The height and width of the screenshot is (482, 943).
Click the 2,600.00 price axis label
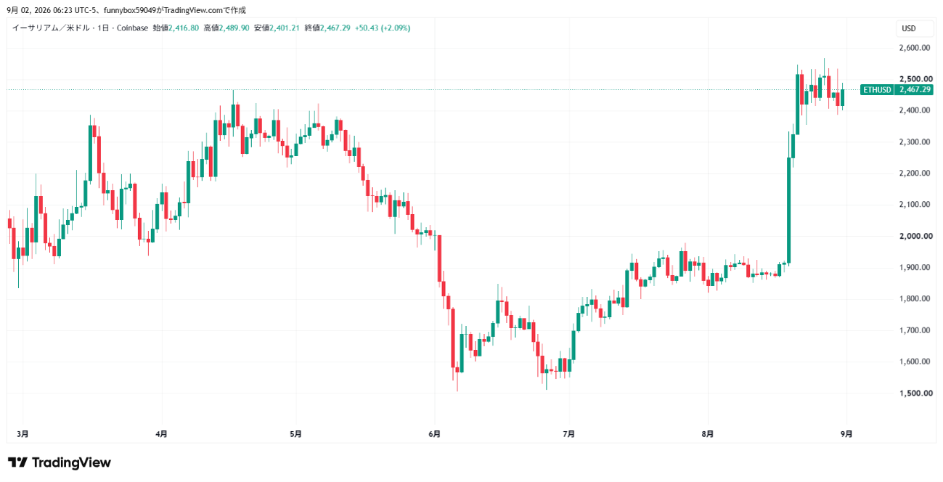pyautogui.click(x=915, y=48)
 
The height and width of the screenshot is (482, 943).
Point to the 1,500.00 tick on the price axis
pyautogui.click(x=915, y=393)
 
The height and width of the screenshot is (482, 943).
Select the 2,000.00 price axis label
pyautogui.click(x=915, y=236)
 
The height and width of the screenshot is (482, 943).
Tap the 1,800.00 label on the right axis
pyautogui.click(x=915, y=299)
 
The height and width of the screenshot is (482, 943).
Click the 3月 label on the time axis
pyautogui.click(x=23, y=434)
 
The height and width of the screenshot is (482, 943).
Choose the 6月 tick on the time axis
pyautogui.click(x=434, y=434)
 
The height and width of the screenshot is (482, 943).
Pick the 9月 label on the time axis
pyautogui.click(x=846, y=434)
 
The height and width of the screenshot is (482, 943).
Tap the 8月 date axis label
pyautogui.click(x=708, y=434)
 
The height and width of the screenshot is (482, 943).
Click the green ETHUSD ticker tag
pyautogui.click(x=877, y=90)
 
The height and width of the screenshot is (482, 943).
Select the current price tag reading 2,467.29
pyautogui.click(x=915, y=90)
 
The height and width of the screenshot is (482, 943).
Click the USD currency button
pyautogui.click(x=909, y=28)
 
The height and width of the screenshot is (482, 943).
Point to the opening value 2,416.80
pyautogui.click(x=184, y=28)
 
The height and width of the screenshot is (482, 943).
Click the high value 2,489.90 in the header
pyautogui.click(x=234, y=28)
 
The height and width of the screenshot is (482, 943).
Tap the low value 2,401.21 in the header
pyautogui.click(x=284, y=28)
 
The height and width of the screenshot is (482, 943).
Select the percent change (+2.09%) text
pyautogui.click(x=396, y=28)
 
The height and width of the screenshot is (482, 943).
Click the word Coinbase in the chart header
pyautogui.click(x=132, y=28)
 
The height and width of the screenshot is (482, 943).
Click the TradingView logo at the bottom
pyautogui.click(x=60, y=462)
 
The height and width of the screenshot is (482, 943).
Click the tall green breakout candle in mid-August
pyautogui.click(x=789, y=211)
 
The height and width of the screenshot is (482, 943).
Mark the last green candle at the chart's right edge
pyautogui.click(x=842, y=97)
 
